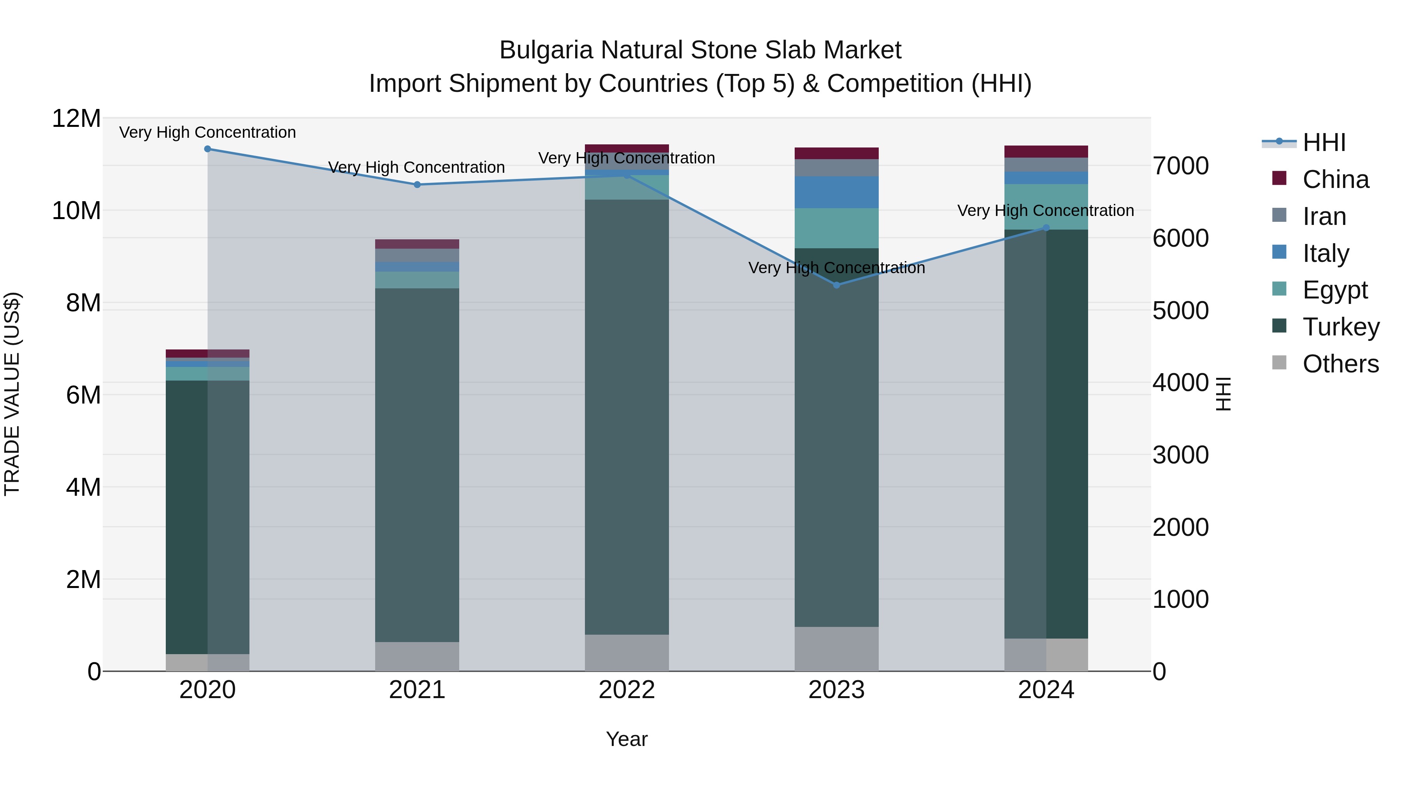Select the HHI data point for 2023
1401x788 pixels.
(836, 285)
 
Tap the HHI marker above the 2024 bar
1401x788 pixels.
(1046, 228)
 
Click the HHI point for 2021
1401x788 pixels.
(417, 185)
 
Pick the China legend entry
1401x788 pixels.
(1335, 179)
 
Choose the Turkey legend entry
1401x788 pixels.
(1341, 327)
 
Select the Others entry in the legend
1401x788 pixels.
(1341, 364)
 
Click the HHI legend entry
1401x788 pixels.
(1324, 142)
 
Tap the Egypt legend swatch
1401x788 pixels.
(1280, 289)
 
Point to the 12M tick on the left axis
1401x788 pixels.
(76, 119)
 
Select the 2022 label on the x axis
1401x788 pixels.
(627, 690)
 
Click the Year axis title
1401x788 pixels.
(627, 739)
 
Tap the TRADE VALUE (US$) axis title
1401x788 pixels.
(12, 394)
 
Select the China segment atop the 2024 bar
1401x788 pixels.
(1046, 151)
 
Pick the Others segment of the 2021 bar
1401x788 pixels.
(417, 656)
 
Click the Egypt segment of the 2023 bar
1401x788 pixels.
(836, 228)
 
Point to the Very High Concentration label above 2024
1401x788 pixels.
(1045, 211)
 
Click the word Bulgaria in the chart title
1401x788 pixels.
(546, 50)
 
